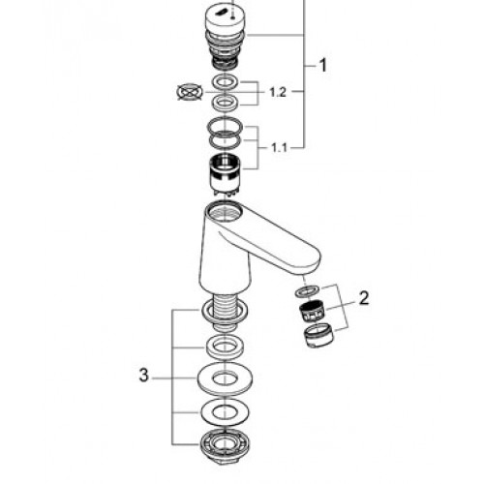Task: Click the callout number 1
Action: (322, 65)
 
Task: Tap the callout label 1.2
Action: (278, 93)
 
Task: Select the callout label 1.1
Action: (279, 148)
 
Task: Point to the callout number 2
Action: (364, 298)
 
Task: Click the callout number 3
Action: (143, 376)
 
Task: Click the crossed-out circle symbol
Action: (191, 92)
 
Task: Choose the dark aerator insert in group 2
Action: (313, 312)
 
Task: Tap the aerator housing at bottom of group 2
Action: (319, 336)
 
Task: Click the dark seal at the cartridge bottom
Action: (226, 63)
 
